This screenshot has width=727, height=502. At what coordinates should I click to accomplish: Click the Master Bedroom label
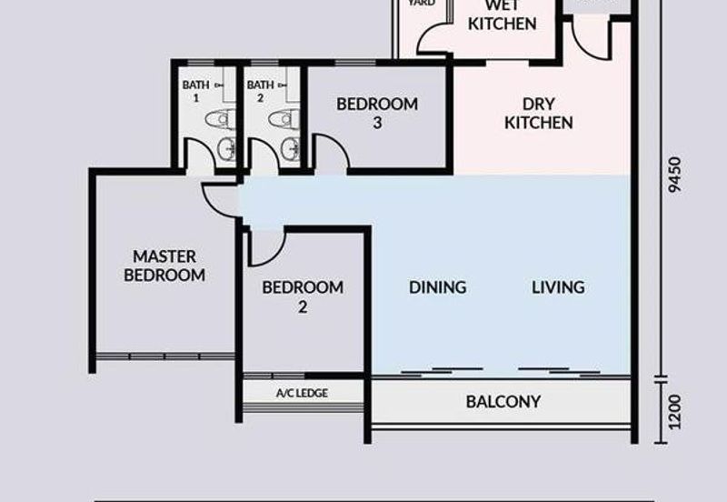coord(164,266)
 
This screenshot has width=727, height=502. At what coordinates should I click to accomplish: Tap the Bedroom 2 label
coord(303,296)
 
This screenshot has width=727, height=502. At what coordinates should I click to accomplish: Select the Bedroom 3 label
coord(377,113)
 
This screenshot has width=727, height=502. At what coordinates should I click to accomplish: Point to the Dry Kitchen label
coord(539,113)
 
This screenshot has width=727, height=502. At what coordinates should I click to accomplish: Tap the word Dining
coord(437,287)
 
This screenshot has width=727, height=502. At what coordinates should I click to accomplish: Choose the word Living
coord(558,287)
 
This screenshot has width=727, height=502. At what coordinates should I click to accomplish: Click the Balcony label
coord(503,401)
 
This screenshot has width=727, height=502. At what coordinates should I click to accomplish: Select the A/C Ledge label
coord(302,393)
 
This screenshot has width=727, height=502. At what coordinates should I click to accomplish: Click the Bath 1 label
coord(195,90)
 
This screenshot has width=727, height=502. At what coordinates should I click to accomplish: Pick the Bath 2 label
coord(260,90)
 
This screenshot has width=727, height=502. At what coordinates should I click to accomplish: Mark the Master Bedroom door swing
coord(218,198)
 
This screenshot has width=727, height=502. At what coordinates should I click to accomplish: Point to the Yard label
coord(421,4)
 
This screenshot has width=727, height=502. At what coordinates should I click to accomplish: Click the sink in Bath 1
coord(226,149)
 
